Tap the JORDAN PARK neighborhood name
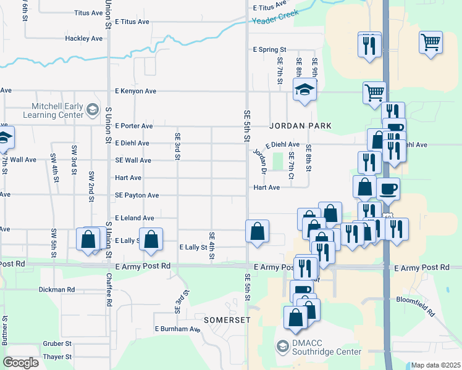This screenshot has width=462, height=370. (300, 126)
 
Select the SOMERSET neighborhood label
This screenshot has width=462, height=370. (227, 321)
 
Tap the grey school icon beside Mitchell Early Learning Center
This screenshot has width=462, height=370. (93, 110)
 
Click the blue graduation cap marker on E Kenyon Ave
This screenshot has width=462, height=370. (304, 90)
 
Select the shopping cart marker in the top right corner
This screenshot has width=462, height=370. (430, 43)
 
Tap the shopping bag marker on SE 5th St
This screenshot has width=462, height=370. (257, 231)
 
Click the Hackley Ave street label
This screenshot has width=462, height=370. (83, 38)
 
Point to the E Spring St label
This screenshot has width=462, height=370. (270, 49)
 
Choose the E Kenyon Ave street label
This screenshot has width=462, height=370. (135, 91)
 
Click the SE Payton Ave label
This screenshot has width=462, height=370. (136, 195)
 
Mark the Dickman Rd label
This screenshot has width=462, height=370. (56, 289)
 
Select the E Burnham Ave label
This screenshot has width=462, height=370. (178, 329)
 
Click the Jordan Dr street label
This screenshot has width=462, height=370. (259, 162)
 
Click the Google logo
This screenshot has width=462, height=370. (21, 362)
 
